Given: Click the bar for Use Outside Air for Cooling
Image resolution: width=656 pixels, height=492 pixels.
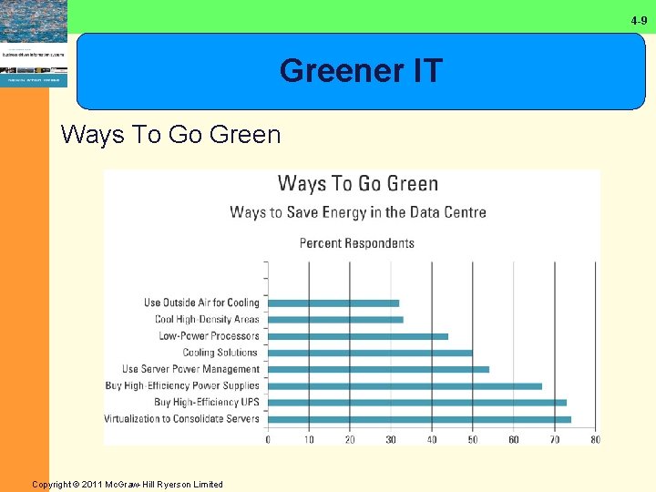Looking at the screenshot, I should pos(333,302).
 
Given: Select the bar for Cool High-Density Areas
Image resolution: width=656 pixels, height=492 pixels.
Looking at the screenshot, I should pos(335,319).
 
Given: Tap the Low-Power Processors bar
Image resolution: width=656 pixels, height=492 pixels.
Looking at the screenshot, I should pos(358,336).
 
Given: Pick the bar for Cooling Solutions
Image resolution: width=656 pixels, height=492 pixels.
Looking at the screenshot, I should pos(370,353).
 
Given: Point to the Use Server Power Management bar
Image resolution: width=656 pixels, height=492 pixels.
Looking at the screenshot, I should pos(378,369).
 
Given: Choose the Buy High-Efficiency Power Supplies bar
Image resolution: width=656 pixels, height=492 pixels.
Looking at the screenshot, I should pos(405,385).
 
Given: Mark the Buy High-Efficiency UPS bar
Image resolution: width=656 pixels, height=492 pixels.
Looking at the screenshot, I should pos(417,402).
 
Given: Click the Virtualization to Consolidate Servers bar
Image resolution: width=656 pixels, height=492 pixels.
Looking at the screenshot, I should pos(419,419).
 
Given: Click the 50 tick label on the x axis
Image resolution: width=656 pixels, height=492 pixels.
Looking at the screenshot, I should pos(473,439).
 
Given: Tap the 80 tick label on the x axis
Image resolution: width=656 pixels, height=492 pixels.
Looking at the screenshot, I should pos(595,439).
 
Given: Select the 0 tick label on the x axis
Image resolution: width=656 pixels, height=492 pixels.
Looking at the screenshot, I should pos(268,439).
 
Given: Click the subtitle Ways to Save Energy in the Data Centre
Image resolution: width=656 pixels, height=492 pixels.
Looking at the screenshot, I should pos(358,212).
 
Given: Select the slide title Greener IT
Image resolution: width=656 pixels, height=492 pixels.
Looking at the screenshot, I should pos(361,70).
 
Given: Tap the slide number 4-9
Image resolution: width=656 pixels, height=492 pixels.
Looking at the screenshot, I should pos(640,20).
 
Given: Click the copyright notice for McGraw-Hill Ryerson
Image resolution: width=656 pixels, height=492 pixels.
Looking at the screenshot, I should pos(128,484).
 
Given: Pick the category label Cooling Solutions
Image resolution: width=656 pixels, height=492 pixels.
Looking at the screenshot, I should pos(220,353).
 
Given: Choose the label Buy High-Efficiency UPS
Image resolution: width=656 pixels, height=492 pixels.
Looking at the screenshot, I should pos(207,402).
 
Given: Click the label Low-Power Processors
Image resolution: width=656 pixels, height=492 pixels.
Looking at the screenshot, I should pos(209,336).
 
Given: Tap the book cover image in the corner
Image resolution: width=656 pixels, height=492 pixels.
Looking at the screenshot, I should pos(34,44).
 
